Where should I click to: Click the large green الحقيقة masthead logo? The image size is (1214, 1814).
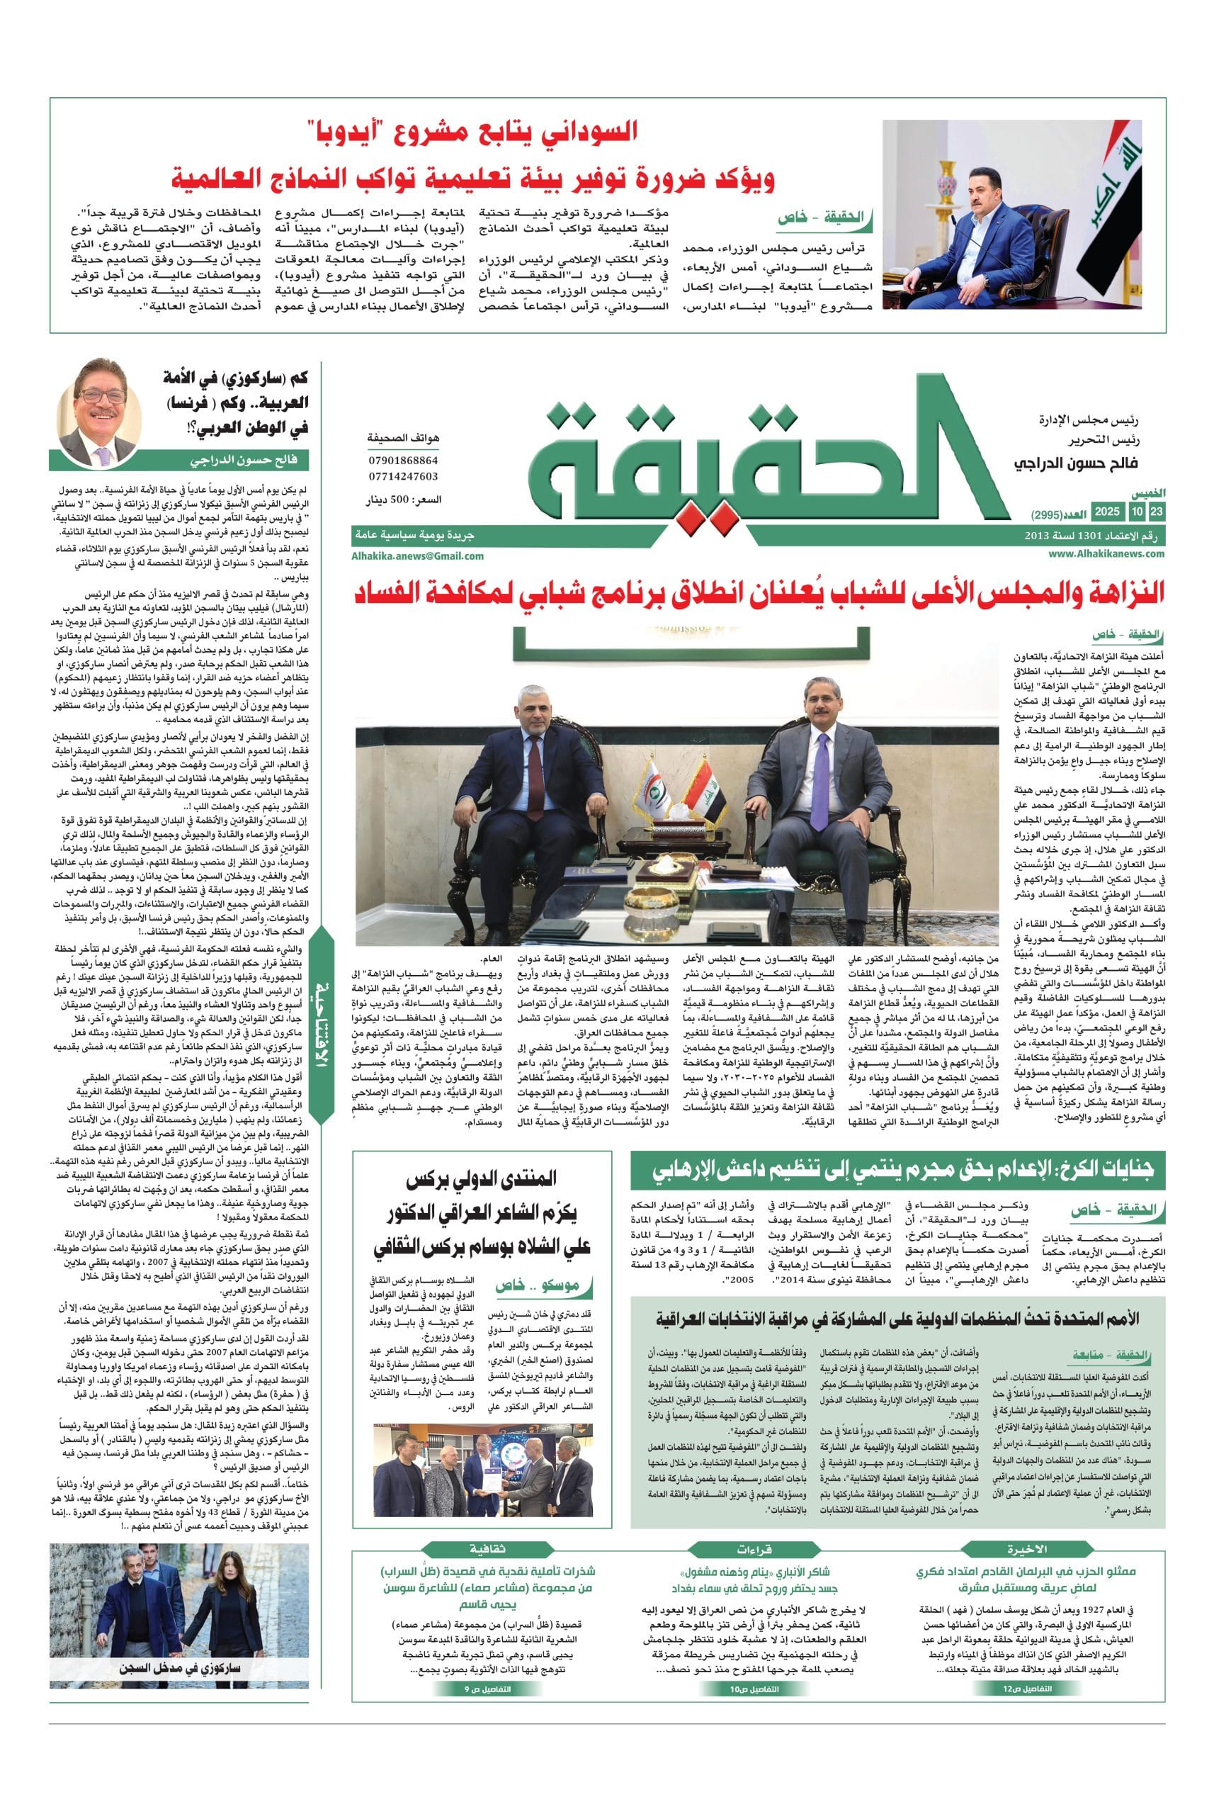click(743, 457)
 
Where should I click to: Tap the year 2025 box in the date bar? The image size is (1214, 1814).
click(1107, 513)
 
